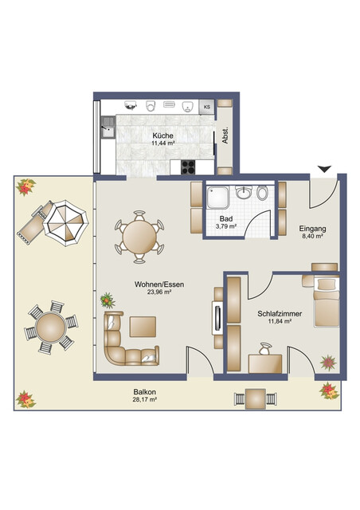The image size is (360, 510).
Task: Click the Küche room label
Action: (163, 136)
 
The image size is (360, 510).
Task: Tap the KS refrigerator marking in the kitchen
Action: (206, 106)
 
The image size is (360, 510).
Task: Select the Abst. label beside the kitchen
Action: (225, 136)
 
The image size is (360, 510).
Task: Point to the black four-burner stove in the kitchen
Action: (190, 167)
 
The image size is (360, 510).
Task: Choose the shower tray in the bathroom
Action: (220, 194)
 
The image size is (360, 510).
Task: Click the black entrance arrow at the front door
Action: (323, 168)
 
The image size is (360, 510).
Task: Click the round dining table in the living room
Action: (140, 236)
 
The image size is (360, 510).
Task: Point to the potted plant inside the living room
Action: (107, 300)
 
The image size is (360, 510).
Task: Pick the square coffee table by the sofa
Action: (144, 328)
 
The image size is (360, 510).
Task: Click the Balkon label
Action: (146, 391)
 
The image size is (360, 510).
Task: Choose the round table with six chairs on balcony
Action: (50, 328)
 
